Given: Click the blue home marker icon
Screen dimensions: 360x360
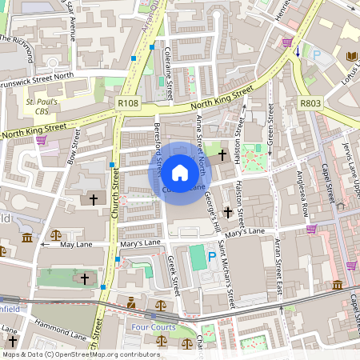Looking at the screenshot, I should [x=180, y=173].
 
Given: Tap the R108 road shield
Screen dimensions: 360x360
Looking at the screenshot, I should [x=128, y=103].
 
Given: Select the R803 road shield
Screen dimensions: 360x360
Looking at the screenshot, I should [x=310, y=103].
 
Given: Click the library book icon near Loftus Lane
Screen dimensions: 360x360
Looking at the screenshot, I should [x=351, y=55].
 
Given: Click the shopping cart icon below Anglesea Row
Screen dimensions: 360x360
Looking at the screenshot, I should [x=311, y=228].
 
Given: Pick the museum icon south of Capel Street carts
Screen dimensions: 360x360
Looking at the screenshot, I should [x=338, y=285].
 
